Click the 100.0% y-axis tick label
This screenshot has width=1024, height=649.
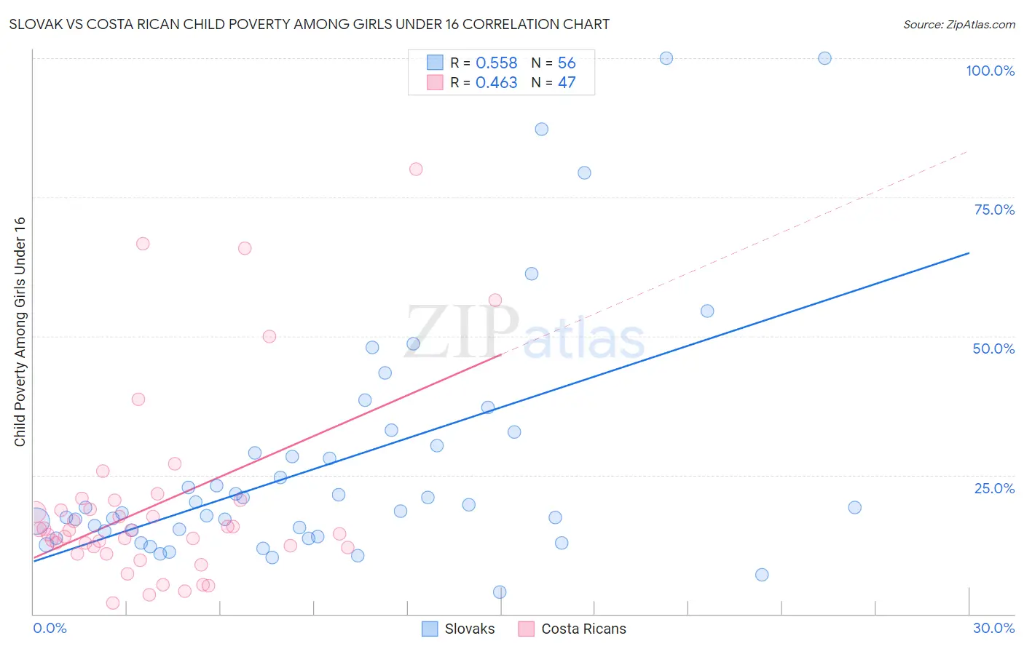tap(990, 71)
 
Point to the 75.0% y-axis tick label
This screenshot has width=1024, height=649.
tap(994, 210)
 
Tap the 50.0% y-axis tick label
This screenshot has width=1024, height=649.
tap(993, 349)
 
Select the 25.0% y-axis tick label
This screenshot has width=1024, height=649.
tap(994, 488)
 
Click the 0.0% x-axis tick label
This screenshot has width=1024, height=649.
tap(50, 628)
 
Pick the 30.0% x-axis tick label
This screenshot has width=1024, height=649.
tap(993, 628)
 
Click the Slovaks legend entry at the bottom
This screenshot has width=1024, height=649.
tap(459, 629)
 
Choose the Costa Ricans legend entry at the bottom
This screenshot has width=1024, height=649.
tap(572, 629)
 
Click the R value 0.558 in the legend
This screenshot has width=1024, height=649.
tap(496, 63)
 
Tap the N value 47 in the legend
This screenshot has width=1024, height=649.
tap(567, 83)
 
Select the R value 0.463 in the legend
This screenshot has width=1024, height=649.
tap(496, 83)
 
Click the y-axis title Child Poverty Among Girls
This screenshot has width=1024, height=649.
tap(20, 332)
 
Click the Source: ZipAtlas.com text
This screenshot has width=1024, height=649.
tap(958, 25)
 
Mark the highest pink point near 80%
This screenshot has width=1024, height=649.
tap(416, 169)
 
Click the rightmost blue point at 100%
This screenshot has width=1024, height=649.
tap(824, 58)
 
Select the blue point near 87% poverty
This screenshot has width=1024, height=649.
tap(541, 129)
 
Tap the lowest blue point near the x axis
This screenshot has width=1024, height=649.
tap(500, 592)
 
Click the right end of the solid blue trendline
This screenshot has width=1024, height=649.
tap(969, 253)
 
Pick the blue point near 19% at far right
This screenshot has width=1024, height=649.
tap(854, 507)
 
